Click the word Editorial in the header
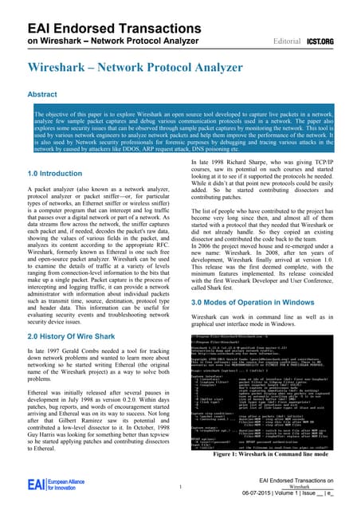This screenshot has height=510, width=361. click(x=287, y=38)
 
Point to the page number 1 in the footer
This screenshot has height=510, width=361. click(x=181, y=488)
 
